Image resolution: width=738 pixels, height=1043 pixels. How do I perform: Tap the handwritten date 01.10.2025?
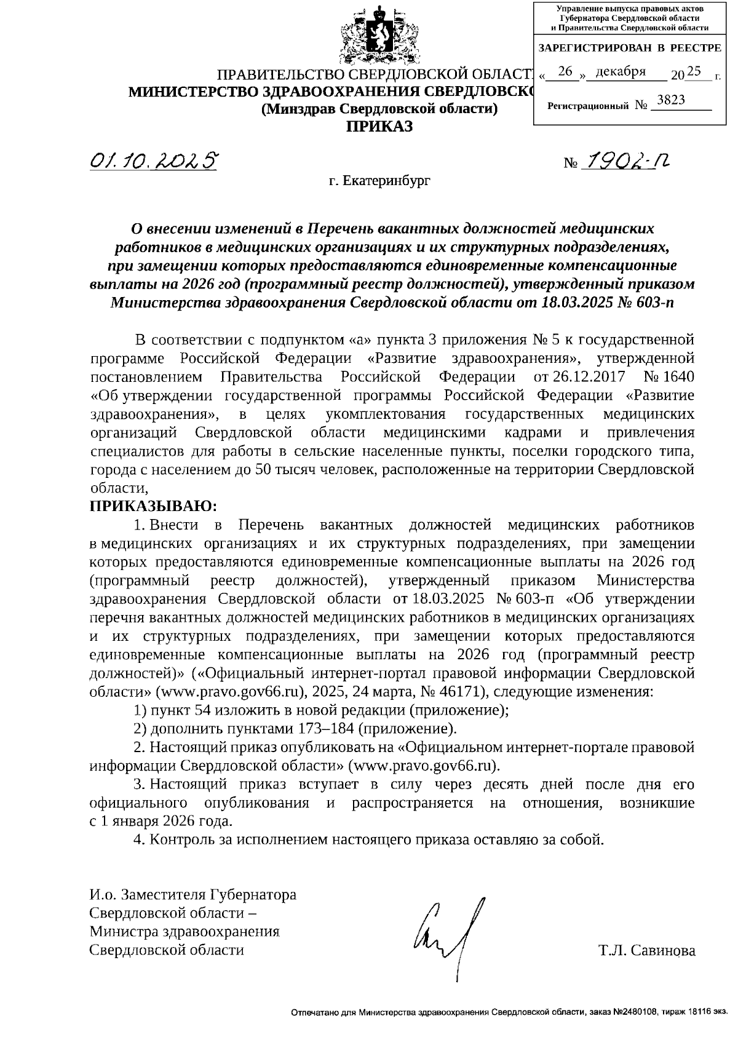(x=154, y=161)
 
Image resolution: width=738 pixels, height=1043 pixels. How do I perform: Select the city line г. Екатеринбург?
(x=379, y=181)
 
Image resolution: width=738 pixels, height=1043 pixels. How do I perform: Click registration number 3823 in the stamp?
(x=671, y=100)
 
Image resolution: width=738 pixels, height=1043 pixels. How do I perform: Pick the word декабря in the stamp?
(x=621, y=72)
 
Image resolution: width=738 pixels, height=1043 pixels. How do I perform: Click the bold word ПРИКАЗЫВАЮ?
(x=153, y=506)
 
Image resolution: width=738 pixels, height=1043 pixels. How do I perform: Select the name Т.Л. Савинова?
(x=647, y=951)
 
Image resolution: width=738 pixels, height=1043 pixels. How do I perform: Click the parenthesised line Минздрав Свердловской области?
(x=379, y=109)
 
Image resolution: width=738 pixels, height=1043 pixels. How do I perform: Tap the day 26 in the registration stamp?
(x=565, y=72)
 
